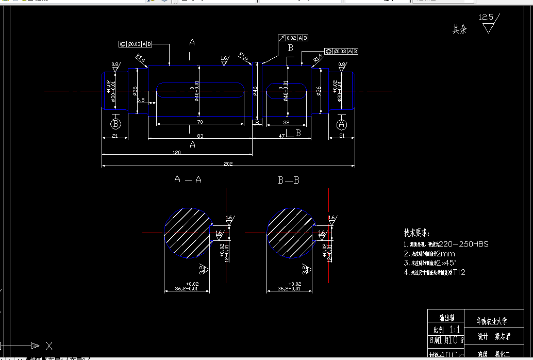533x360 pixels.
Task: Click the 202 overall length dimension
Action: point(228,163)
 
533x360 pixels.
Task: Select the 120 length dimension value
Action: point(177,153)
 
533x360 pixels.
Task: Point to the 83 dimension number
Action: point(199,136)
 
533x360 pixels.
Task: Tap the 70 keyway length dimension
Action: point(199,121)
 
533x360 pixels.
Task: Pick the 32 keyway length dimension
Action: point(287,122)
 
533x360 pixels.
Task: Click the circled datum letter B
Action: point(116,124)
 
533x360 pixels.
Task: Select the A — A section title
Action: point(188,179)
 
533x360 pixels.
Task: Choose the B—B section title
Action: point(289,180)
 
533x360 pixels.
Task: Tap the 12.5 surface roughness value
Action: point(486,17)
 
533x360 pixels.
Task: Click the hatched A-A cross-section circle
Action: point(187,233)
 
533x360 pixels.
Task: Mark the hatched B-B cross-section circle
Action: point(290,233)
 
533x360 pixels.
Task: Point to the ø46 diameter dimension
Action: point(255,91)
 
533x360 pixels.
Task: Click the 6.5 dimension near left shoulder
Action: point(141,100)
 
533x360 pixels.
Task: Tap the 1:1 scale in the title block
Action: point(455,329)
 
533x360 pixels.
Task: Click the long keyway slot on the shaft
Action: point(200,90)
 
